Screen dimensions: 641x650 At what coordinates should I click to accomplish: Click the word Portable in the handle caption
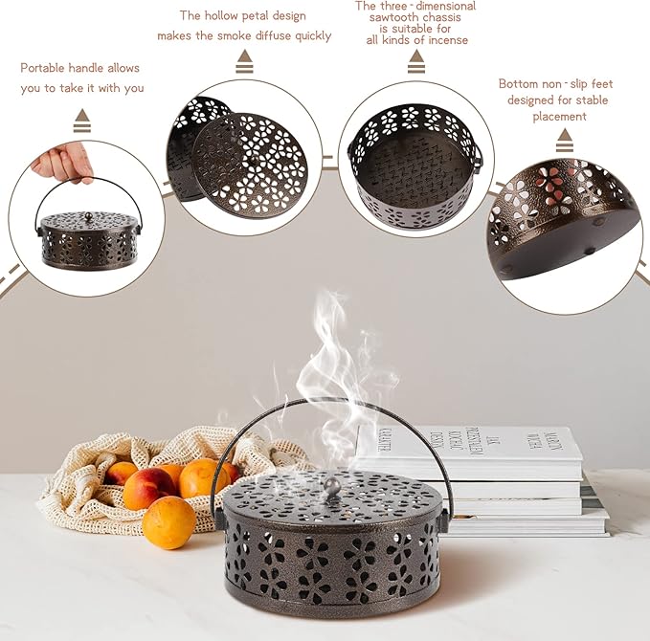(46, 68)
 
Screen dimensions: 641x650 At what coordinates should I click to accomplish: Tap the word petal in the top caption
(254, 15)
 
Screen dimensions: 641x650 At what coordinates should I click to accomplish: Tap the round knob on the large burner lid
(329, 488)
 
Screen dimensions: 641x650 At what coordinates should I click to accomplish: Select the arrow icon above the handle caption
(82, 121)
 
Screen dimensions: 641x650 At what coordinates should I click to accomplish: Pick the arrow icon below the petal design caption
(245, 62)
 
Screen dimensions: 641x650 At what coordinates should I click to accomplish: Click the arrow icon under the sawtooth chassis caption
(415, 62)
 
